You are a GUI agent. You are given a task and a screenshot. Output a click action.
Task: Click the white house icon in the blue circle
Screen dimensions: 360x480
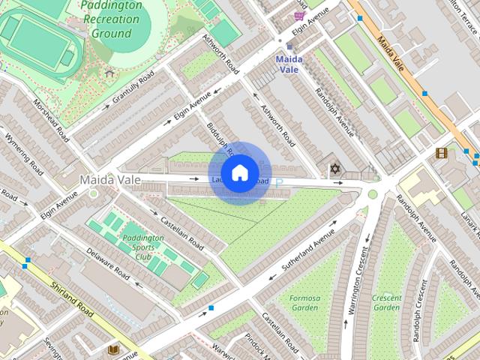tap(240, 173)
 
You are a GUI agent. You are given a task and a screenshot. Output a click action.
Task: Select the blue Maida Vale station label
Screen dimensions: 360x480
tap(288, 64)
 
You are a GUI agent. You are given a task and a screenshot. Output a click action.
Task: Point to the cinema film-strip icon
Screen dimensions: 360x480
tap(441, 153)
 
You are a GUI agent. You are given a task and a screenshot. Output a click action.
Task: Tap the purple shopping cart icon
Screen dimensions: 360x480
tap(300, 16)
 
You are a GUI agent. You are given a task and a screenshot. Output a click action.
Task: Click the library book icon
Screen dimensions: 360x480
tap(113, 349)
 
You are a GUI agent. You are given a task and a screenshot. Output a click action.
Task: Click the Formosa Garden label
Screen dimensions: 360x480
tap(304, 302)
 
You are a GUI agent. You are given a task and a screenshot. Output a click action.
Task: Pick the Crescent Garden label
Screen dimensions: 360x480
tap(386, 302)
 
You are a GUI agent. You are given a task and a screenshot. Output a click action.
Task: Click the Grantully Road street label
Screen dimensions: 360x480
tap(133, 89)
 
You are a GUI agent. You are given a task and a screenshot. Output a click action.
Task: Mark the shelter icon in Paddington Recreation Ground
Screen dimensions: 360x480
tap(109, 73)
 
